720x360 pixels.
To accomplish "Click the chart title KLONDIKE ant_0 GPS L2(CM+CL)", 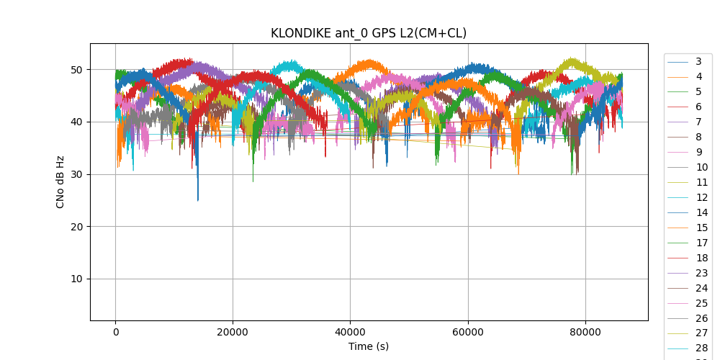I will click(x=368, y=33).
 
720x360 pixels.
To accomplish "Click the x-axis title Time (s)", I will click(x=368, y=346).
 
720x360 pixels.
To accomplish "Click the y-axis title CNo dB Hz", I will click(x=60, y=181).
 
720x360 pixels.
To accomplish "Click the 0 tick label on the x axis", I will click(x=115, y=332).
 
